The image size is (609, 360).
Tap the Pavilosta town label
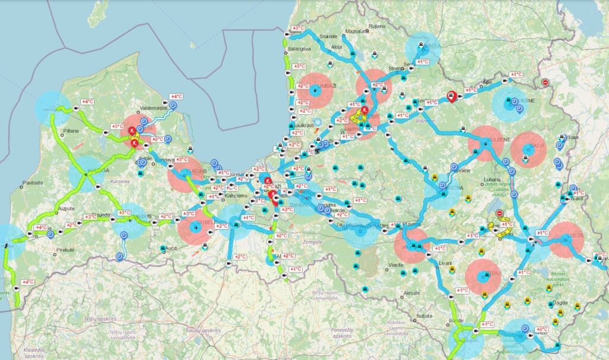click(33, 184)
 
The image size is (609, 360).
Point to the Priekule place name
click(64, 250)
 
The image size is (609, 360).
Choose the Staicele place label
click(329, 36)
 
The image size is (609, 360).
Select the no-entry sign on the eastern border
click(545, 83)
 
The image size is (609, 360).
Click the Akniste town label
click(411, 293)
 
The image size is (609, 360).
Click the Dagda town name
click(560, 303)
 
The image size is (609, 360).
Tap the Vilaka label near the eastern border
click(571, 137)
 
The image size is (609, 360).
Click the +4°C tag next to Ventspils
click(88, 102)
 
